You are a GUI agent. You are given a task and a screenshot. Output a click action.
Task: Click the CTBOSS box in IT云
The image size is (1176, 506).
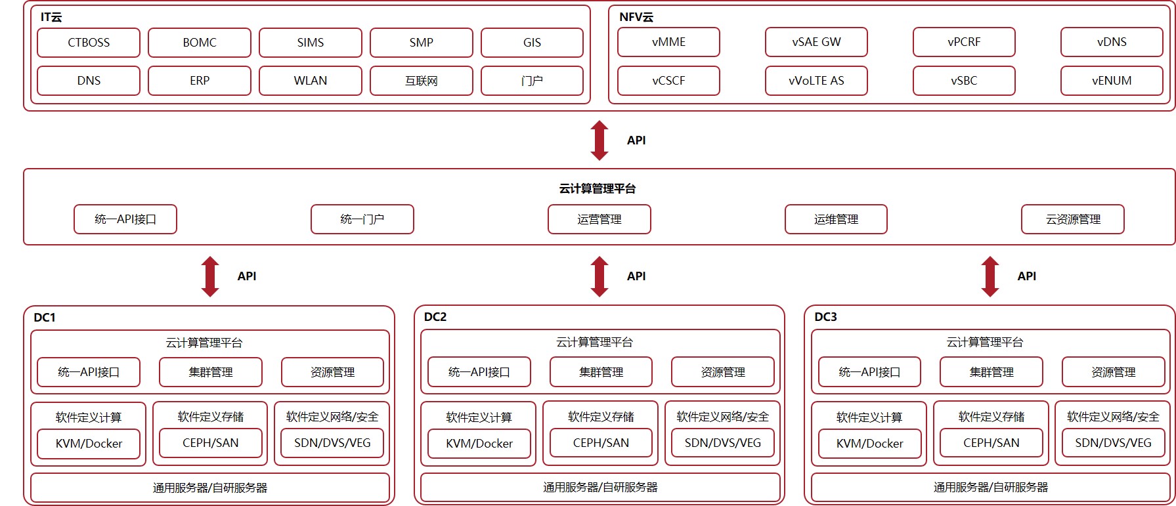pyautogui.click(x=89, y=43)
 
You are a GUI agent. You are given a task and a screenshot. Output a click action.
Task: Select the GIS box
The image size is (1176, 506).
pyautogui.click(x=532, y=43)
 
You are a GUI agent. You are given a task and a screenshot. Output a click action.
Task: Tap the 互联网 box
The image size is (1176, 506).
pyautogui.click(x=421, y=81)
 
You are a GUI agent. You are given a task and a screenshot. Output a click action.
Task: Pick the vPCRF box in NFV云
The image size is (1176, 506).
pyautogui.click(x=964, y=42)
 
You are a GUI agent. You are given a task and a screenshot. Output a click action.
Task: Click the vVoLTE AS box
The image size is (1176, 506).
pyautogui.click(x=816, y=81)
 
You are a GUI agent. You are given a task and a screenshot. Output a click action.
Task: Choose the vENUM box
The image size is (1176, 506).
pyautogui.click(x=1112, y=81)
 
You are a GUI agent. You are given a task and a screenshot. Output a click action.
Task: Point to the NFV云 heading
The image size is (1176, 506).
pyautogui.click(x=636, y=17)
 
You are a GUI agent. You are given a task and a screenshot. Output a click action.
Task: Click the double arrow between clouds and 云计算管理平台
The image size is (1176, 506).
pyautogui.click(x=599, y=140)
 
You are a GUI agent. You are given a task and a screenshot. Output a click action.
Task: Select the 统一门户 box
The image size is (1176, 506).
pyautogui.click(x=362, y=219)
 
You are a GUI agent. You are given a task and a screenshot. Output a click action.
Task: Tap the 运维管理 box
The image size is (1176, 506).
pyautogui.click(x=836, y=219)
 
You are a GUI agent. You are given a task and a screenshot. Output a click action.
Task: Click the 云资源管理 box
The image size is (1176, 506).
pyautogui.click(x=1073, y=219)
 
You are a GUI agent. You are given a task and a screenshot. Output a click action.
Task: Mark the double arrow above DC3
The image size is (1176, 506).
pyautogui.click(x=990, y=276)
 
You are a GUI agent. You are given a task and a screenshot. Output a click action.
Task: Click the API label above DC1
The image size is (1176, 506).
pyautogui.click(x=247, y=276)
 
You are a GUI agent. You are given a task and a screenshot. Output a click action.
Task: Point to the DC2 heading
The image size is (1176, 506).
pyautogui.click(x=435, y=317)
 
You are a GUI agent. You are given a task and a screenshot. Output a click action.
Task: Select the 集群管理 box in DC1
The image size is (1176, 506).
pyautogui.click(x=211, y=372)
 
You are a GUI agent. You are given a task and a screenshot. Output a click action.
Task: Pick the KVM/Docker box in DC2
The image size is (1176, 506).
pyautogui.click(x=479, y=444)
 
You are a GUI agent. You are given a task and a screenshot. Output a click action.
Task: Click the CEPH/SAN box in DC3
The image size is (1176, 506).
pyautogui.click(x=991, y=443)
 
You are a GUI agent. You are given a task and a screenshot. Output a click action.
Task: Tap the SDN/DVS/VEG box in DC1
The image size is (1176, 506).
pyautogui.click(x=332, y=443)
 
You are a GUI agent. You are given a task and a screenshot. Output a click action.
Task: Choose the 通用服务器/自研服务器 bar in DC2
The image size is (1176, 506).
pyautogui.click(x=600, y=488)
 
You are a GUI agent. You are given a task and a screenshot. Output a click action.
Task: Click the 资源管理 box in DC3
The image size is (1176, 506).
pyautogui.click(x=1113, y=372)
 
